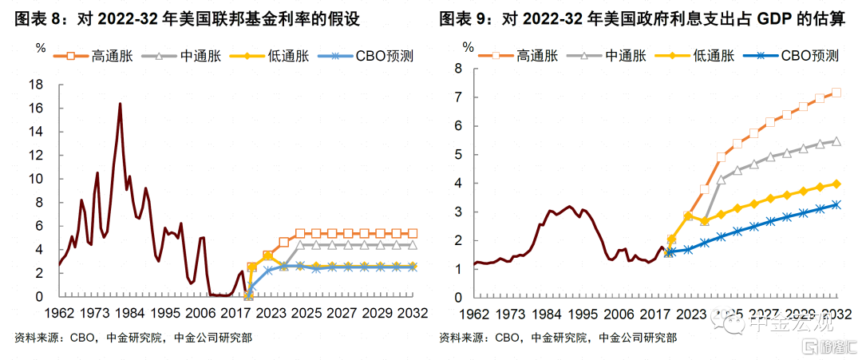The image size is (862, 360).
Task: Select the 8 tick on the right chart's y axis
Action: tap(458, 69)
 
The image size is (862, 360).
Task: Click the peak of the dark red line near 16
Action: tap(120, 104)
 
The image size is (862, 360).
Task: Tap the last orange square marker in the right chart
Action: tap(836, 93)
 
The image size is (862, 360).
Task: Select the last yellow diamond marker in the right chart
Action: tap(836, 184)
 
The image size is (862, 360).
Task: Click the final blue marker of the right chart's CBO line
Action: tap(836, 204)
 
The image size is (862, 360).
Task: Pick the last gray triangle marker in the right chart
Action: tap(836, 141)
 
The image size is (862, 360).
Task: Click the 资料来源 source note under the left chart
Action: tap(37, 338)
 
